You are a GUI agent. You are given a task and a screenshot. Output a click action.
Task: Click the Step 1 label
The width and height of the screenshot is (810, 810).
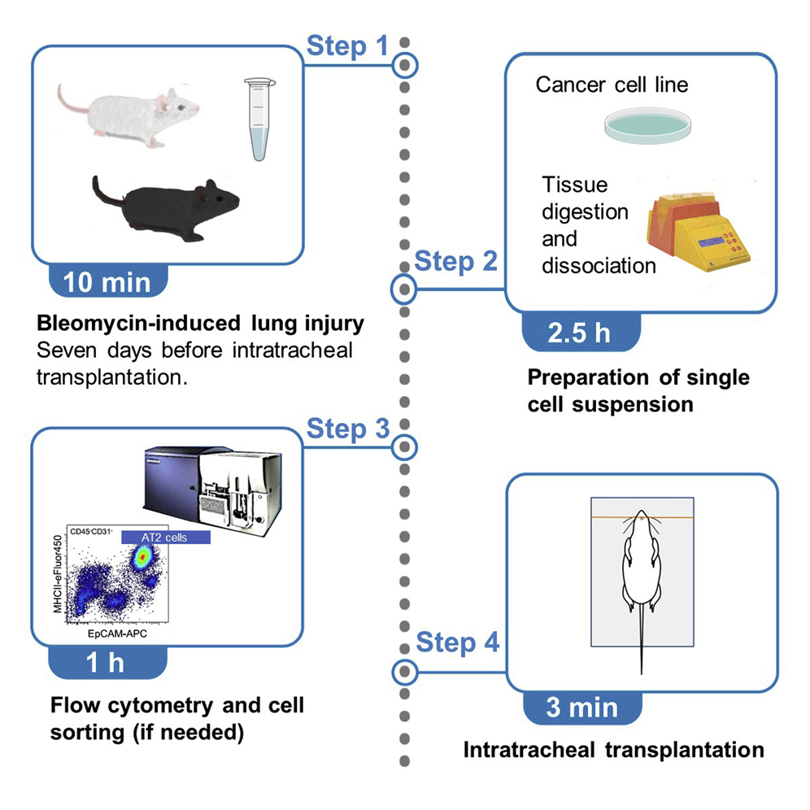click(x=347, y=46)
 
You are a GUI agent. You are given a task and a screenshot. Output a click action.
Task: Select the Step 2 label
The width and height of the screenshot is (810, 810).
click(x=455, y=262)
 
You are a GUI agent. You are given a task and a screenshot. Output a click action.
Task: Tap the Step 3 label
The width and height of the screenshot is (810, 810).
click(x=347, y=429)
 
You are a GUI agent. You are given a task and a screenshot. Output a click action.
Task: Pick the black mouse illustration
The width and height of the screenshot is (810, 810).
click(x=163, y=205)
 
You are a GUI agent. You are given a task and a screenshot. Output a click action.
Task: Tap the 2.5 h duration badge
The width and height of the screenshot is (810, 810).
click(x=580, y=333)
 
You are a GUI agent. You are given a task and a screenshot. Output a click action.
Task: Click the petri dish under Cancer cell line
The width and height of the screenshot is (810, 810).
click(x=638, y=124)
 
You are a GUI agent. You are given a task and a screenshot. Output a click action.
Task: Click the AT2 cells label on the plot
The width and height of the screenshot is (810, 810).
click(x=165, y=538)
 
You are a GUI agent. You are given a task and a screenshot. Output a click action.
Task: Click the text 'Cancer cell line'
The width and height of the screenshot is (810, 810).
click(x=612, y=85)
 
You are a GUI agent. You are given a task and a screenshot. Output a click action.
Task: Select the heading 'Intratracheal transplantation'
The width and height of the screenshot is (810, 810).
click(x=613, y=749)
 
